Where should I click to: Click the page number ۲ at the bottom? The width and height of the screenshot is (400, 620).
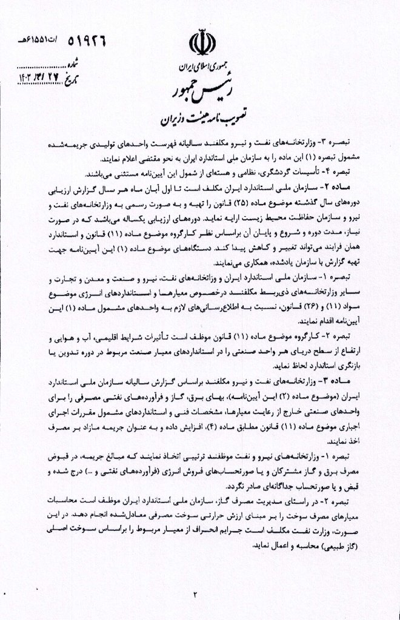pos(195,593)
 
